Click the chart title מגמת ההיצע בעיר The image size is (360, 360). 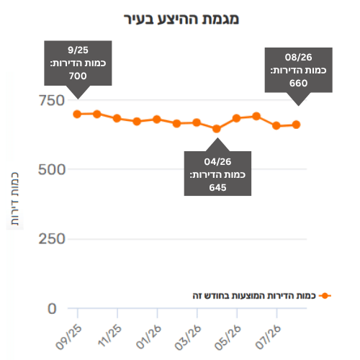click(181, 19)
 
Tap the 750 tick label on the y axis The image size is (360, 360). click(52, 100)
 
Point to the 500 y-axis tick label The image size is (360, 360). click(52, 170)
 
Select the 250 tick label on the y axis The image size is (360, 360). click(52, 239)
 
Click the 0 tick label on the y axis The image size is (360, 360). click(52, 309)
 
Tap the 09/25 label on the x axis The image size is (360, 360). click(69, 337)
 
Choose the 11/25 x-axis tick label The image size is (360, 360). click(110, 336)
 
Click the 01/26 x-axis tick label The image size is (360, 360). click(149, 337)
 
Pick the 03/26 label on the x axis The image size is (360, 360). click(189, 337)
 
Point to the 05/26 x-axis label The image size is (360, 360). click(228, 337)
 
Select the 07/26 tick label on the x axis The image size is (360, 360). click(268, 337)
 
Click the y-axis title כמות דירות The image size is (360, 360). click(15, 199)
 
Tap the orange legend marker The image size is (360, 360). click(325, 296)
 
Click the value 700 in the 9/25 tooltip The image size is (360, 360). click(78, 76)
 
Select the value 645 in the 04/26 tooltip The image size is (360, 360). click(217, 188)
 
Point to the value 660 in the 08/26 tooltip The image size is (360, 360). click(298, 84)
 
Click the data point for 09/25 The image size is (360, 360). click(77, 114)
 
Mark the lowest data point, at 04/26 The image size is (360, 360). click(217, 129)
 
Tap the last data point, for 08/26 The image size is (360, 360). click(297, 125)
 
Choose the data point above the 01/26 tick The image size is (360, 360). click(157, 120)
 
